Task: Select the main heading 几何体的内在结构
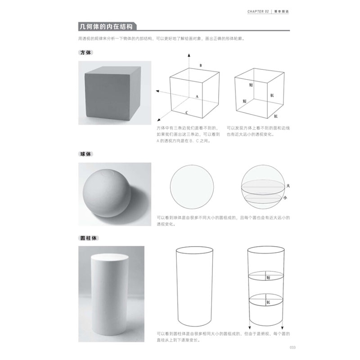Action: tap(105, 25)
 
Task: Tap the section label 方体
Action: tap(85, 53)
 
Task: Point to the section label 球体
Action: tap(85, 154)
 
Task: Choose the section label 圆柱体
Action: tap(86, 237)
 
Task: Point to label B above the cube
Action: tap(200, 66)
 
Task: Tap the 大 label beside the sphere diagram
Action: tap(288, 185)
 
